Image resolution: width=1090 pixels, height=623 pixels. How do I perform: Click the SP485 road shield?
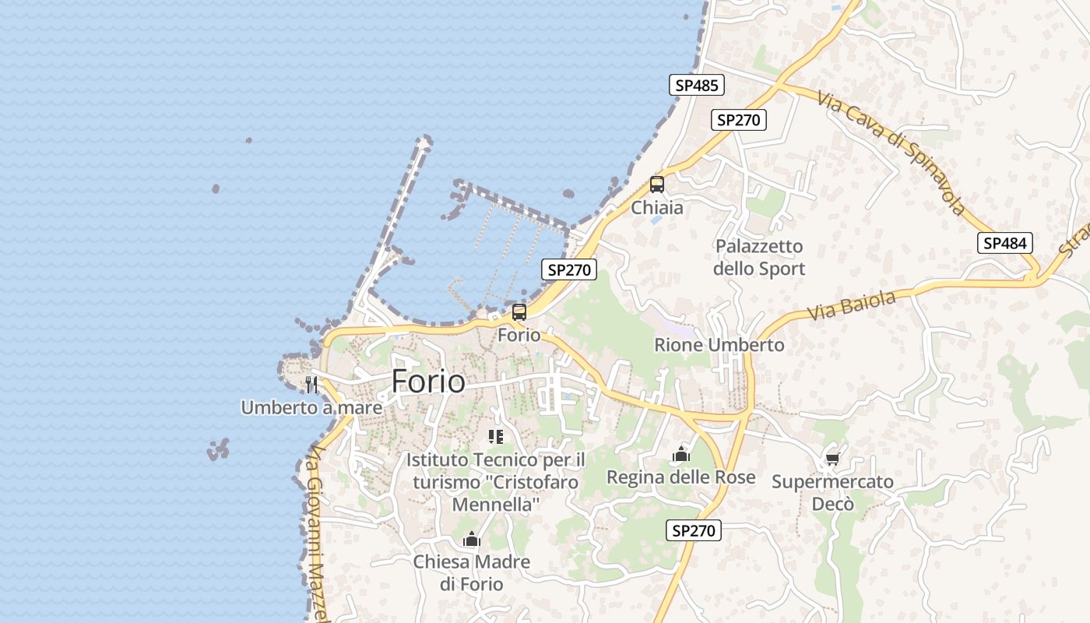[x=696, y=85]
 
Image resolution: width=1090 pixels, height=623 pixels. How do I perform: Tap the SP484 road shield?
[x=1004, y=243]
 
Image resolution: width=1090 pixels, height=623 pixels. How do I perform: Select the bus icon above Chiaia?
[x=657, y=185]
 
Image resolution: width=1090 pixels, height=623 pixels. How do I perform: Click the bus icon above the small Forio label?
[x=519, y=312]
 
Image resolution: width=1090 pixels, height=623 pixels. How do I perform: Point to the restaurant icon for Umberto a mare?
[x=311, y=384]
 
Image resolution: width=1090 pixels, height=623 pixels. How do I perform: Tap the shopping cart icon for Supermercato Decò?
[x=832, y=459]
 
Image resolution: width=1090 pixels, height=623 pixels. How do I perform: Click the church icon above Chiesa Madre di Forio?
[x=471, y=539]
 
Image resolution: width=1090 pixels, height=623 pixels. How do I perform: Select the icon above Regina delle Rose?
[x=681, y=454]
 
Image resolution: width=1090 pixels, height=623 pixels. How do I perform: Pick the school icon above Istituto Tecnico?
[x=495, y=436]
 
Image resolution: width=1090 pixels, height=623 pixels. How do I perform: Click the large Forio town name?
[x=428, y=382]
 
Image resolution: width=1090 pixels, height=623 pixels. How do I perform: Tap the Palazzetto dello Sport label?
[x=759, y=258]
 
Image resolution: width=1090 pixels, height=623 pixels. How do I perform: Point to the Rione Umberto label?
[x=719, y=345]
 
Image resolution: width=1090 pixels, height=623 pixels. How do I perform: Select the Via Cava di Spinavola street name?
[x=891, y=152]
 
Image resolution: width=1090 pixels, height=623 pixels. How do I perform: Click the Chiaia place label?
[x=657, y=208]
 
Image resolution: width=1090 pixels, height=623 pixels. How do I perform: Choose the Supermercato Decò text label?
[x=832, y=493]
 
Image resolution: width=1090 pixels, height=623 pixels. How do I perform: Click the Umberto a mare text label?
[x=311, y=407]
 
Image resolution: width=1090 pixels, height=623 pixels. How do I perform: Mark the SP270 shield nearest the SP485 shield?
[x=739, y=120]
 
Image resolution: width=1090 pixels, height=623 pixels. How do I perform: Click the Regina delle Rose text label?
[x=681, y=477]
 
